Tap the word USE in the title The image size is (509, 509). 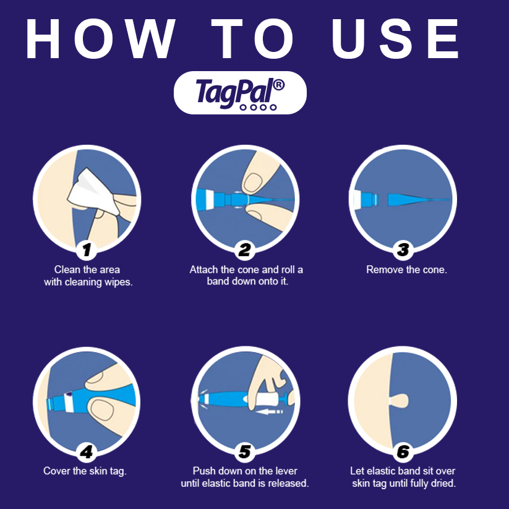coord(396,39)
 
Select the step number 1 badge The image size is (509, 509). coord(87,250)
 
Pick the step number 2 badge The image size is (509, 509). coord(246,250)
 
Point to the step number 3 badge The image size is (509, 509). coord(403,250)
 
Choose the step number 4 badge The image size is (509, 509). coord(87,452)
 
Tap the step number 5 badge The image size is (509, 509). coord(246,452)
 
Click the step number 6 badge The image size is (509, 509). coord(403,452)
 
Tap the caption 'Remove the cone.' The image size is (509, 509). coord(406,270)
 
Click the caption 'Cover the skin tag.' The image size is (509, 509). coord(85,471)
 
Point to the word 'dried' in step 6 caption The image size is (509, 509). coord(442,483)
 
